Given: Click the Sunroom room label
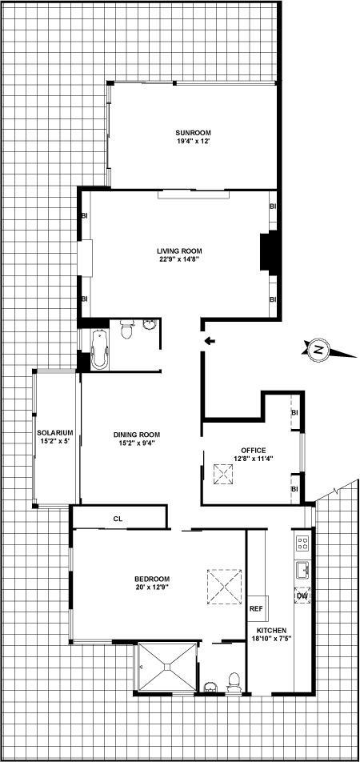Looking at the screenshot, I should click(191, 132).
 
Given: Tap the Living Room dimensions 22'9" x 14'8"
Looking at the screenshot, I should click(177, 259).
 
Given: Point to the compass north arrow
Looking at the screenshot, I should click(318, 350).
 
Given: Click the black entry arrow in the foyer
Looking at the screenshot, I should click(209, 342).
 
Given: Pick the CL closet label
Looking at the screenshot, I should click(118, 519).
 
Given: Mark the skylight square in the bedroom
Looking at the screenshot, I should click(223, 584).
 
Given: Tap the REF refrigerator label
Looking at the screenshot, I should click(256, 609).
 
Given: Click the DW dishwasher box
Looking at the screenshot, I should click(302, 596).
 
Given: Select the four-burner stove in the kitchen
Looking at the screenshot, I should click(302, 544).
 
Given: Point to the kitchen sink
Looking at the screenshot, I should click(302, 570).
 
